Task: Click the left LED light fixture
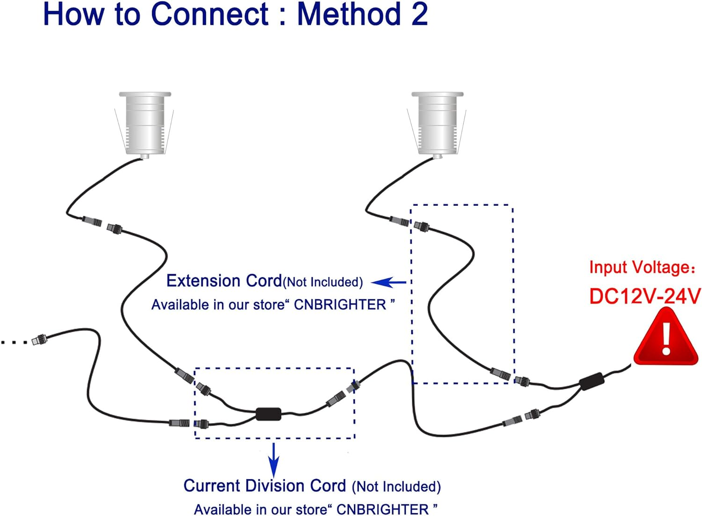pyautogui.click(x=145, y=124)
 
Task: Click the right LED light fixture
pyautogui.click(x=437, y=124)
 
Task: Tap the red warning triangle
pyautogui.click(x=666, y=339)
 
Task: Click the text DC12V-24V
pyautogui.click(x=644, y=296)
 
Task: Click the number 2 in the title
pyautogui.click(x=419, y=14)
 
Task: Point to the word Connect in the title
pyautogui.click(x=210, y=14)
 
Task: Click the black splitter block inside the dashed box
pyautogui.click(x=269, y=414)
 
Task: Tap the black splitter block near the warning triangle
pyautogui.click(x=592, y=381)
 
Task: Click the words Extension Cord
pyautogui.click(x=224, y=281)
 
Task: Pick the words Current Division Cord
pyautogui.click(x=264, y=486)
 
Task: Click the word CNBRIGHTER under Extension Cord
pyautogui.click(x=340, y=305)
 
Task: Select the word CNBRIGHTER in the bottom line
pyautogui.click(x=382, y=509)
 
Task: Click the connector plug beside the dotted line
pyautogui.click(x=39, y=339)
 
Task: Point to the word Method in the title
pyautogui.click(x=349, y=14)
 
